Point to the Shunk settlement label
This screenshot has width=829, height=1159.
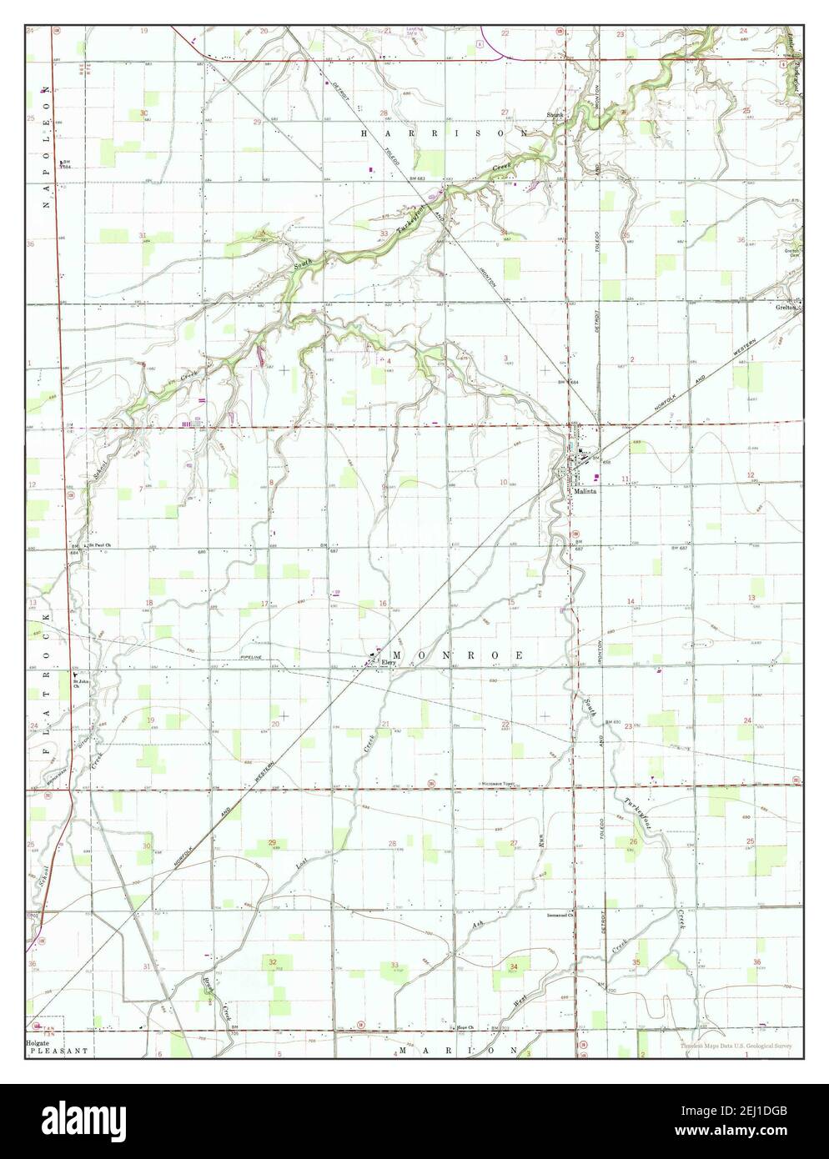(x=555, y=115)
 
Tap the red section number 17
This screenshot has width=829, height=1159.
(x=264, y=604)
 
